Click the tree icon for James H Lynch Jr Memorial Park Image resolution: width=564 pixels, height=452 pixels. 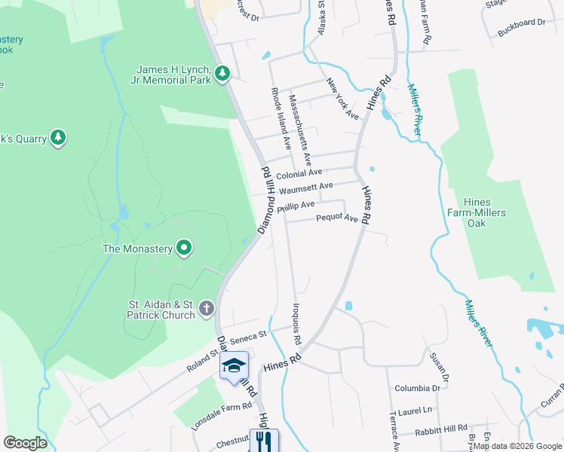tap(222, 73)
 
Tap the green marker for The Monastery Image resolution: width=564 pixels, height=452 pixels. tap(183, 247)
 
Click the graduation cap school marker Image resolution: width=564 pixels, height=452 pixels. tap(234, 366)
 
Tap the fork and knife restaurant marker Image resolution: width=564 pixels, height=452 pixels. tap(264, 441)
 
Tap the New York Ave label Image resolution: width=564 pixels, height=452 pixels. tap(343, 98)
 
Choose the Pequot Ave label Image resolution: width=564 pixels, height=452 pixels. tap(337, 218)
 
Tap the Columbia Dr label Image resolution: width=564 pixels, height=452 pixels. tap(417, 389)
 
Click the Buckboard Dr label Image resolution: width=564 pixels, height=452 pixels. tap(521, 23)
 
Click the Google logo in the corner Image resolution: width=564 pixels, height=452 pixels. tap(25, 442)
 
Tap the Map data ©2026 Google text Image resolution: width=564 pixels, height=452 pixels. tap(517, 446)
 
